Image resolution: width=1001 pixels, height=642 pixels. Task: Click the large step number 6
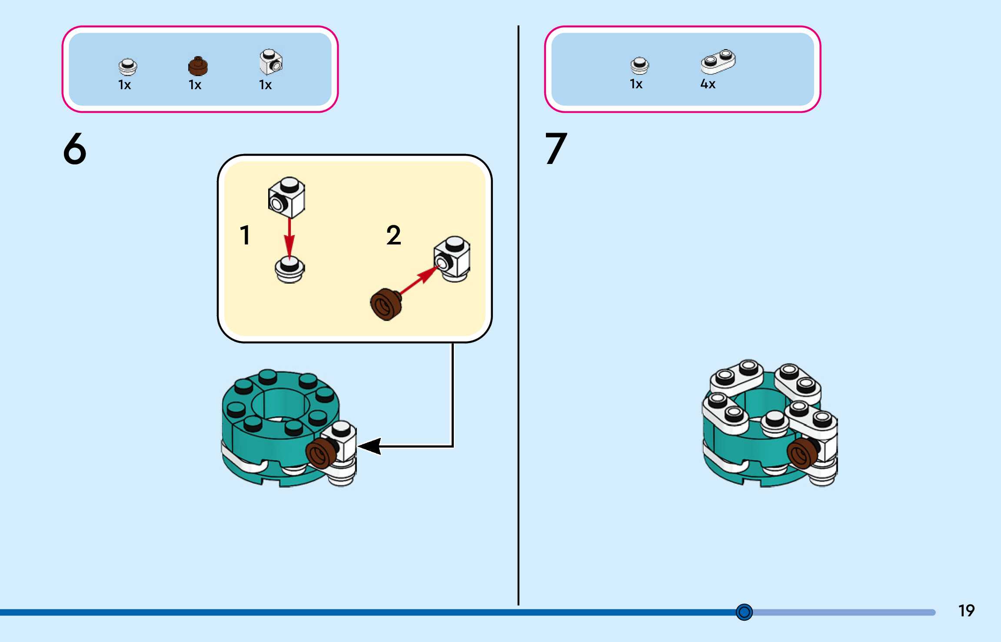pyautogui.click(x=75, y=149)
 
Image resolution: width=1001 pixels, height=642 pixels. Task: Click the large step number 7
pyautogui.click(x=556, y=149)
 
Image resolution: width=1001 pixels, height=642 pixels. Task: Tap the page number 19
pyautogui.click(x=966, y=611)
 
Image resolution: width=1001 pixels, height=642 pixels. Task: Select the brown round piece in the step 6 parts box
pyautogui.click(x=198, y=66)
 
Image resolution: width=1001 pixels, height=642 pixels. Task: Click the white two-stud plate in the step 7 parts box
pyautogui.click(x=718, y=61)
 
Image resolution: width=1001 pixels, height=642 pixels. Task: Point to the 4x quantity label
pyautogui.click(x=708, y=84)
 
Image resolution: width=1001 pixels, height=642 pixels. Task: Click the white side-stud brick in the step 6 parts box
pyautogui.click(x=271, y=62)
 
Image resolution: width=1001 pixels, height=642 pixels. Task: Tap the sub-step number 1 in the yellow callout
pyautogui.click(x=245, y=235)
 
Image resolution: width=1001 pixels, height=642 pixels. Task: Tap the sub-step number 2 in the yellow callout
pyautogui.click(x=393, y=235)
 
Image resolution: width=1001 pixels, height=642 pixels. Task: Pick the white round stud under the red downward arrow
pyautogui.click(x=290, y=270)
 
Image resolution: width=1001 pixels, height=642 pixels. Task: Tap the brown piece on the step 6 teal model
pyautogui.click(x=321, y=453)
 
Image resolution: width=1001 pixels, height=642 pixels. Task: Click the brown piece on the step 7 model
pyautogui.click(x=802, y=453)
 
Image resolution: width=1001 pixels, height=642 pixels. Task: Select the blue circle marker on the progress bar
pyautogui.click(x=744, y=612)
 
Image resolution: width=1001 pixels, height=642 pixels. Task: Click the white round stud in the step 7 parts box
pyautogui.click(x=639, y=66)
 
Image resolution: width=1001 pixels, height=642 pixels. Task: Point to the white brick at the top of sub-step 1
pyautogui.click(x=286, y=197)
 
